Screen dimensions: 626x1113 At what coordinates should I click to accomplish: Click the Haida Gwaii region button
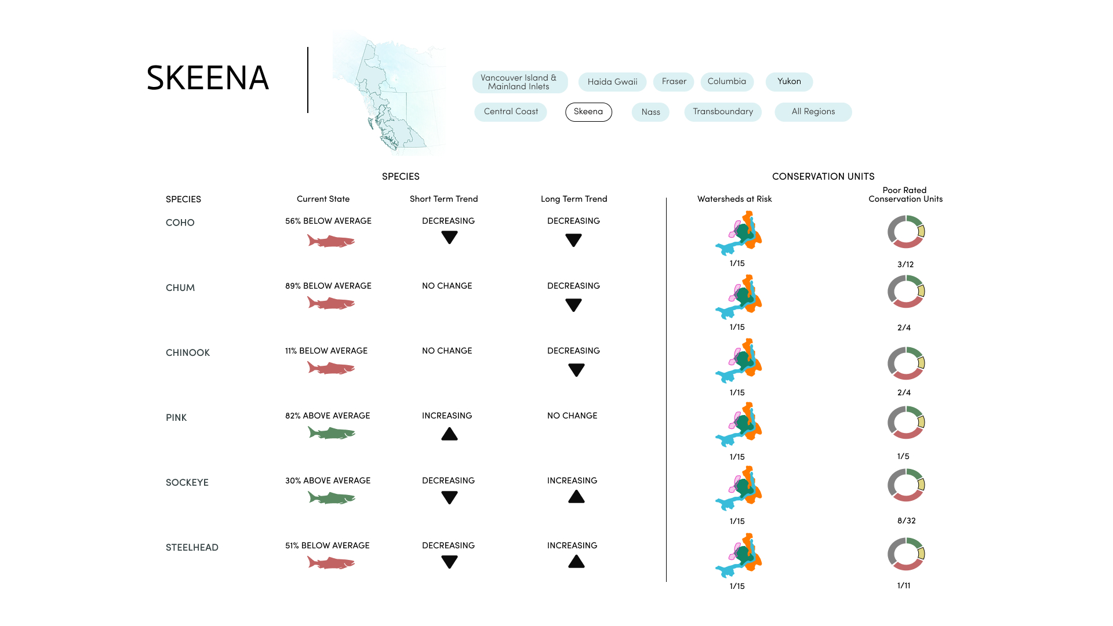coord(612,82)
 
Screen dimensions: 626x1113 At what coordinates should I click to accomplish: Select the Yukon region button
coord(789,82)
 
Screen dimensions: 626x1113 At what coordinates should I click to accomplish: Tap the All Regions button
coord(813,112)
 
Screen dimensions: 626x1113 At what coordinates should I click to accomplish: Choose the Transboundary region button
coord(722,112)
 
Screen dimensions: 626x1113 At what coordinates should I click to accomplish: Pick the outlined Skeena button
coord(588,112)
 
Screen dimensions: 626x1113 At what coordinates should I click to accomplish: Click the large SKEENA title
coord(208,78)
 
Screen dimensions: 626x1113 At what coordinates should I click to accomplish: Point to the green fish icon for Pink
coord(331,433)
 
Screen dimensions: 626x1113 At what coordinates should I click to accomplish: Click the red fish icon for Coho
coord(330,241)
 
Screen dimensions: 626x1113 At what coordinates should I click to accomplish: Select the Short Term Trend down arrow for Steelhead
coord(449,561)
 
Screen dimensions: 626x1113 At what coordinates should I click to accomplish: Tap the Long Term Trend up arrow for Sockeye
coord(576,497)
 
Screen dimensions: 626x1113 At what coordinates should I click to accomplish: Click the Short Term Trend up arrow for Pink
coord(449,434)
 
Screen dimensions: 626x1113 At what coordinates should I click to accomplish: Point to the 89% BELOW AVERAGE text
coord(328,286)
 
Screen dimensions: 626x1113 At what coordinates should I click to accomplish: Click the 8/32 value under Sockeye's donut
coord(906,521)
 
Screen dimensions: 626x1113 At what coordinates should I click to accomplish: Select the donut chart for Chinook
coord(906,363)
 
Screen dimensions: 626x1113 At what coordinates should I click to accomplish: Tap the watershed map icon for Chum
coord(739,297)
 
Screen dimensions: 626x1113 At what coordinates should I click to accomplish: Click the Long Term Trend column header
coord(574,199)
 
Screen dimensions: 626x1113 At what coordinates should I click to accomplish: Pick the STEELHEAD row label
coord(192,547)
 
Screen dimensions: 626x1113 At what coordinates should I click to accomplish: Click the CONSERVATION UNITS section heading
coord(823,176)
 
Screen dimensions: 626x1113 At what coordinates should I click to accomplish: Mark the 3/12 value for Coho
coord(905,264)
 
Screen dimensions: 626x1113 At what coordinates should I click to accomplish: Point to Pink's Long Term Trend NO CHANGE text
coord(572,416)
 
